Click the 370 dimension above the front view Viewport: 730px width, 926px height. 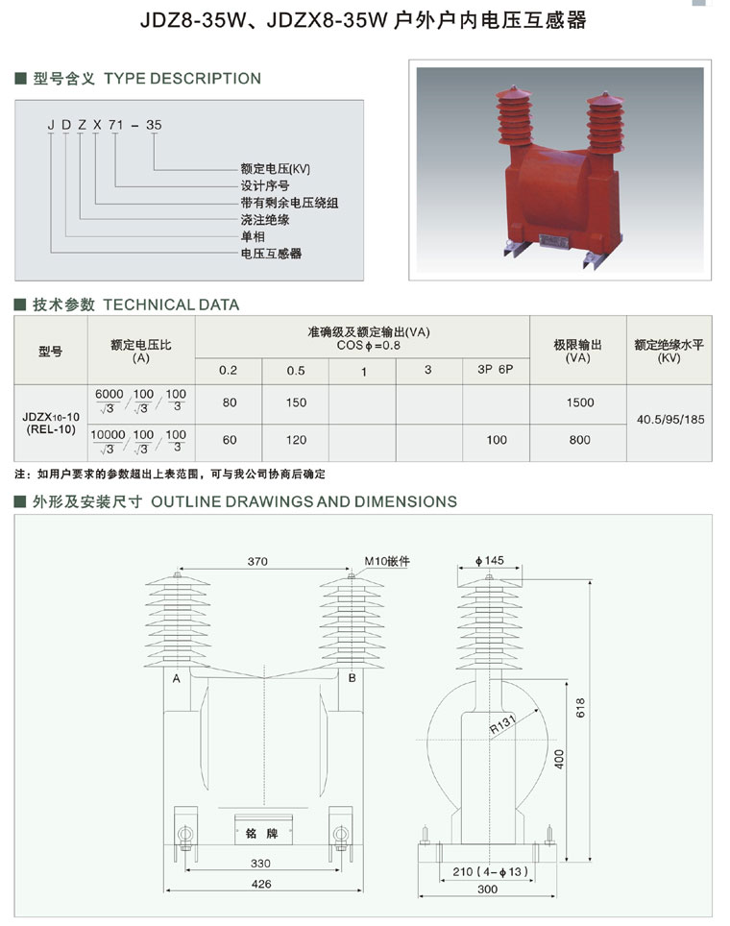pyautogui.click(x=257, y=561)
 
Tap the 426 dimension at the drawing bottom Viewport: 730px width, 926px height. pyautogui.click(x=261, y=884)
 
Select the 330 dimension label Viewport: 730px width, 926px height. pyautogui.click(x=260, y=863)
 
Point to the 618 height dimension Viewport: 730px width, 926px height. pyautogui.click(x=580, y=708)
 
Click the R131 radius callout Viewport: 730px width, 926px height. pyautogui.click(x=502, y=724)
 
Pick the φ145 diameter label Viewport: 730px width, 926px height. pyautogui.click(x=490, y=560)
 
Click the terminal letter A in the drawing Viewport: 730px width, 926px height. pyautogui.click(x=176, y=678)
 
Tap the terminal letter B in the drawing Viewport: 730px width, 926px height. pyautogui.click(x=352, y=678)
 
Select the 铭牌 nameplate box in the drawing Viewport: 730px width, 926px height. pyautogui.click(x=263, y=829)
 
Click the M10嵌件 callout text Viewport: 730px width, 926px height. pyautogui.click(x=387, y=561)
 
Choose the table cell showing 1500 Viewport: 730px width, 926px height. pyautogui.click(x=580, y=402)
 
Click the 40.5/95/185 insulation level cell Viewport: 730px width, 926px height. pyautogui.click(x=670, y=420)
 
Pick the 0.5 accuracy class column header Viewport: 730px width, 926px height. pyautogui.click(x=296, y=371)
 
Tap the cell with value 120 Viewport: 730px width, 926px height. pyautogui.click(x=296, y=440)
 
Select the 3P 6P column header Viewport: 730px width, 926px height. pyautogui.click(x=496, y=370)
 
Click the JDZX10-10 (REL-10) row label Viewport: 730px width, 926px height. pyautogui.click(x=51, y=423)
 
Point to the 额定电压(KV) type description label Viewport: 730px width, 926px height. pyautogui.click(x=276, y=169)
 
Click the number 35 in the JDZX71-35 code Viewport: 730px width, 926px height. pyautogui.click(x=154, y=125)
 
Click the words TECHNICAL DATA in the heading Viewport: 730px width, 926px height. pyautogui.click(x=171, y=305)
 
